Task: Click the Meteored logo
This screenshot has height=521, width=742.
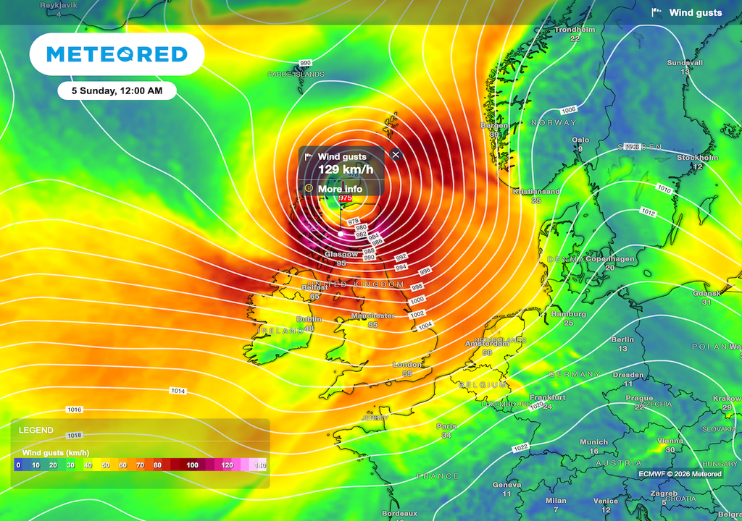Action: tap(117, 54)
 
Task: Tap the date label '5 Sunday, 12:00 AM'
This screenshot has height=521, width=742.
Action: tap(117, 90)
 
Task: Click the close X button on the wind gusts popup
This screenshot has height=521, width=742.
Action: tap(396, 154)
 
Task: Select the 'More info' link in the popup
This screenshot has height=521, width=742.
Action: tap(340, 189)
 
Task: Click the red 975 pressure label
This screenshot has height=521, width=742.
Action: tap(346, 198)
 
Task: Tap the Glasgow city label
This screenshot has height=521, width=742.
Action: tap(341, 255)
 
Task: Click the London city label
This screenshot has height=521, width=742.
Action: tap(407, 365)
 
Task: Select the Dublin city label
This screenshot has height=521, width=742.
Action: tap(309, 319)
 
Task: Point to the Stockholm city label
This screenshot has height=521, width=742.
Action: tap(697, 158)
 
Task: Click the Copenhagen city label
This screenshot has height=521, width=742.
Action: tap(609, 259)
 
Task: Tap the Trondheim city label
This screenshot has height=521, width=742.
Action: tap(574, 30)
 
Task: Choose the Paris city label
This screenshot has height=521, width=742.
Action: tap(446, 426)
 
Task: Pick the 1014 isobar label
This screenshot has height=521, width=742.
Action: tap(178, 391)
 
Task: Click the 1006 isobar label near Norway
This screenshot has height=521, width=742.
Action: tap(569, 109)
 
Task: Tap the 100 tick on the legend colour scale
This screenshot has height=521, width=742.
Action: tap(191, 465)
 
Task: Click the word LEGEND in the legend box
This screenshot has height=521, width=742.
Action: tap(36, 430)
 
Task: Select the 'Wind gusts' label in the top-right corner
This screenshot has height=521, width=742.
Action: tap(695, 12)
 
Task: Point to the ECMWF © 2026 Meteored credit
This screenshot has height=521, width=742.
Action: tap(680, 474)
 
